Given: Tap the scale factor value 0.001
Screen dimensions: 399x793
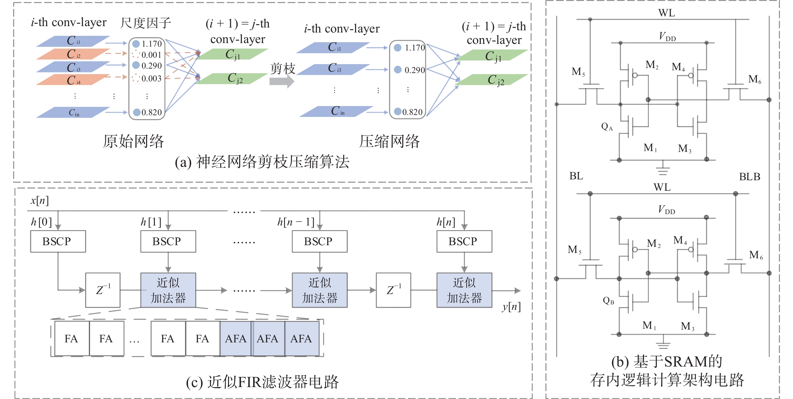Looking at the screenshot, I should pos(151,55).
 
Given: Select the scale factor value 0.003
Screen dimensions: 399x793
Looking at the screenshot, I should pos(151,79).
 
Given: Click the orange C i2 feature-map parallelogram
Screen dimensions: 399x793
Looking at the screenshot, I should pos(73,54).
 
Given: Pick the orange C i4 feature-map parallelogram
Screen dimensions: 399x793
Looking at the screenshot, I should pos(73,80).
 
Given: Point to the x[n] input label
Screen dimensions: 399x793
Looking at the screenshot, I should pos(39,200).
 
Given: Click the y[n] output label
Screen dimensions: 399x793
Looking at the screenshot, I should pos(511,307).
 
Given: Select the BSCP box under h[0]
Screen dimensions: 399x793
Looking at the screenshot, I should pos(58,241).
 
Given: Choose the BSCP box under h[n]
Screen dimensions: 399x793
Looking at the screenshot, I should pos(464,241).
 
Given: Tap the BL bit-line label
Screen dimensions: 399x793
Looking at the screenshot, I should pos(576,176).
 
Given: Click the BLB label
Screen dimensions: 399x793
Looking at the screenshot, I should pos(749,177).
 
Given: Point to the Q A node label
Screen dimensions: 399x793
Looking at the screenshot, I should pos(607,126).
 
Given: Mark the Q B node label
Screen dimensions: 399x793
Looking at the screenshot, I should pos(608,300).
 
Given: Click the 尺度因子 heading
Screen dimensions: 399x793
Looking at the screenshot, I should pos(145,23).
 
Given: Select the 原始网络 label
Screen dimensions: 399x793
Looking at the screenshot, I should pos(133,142).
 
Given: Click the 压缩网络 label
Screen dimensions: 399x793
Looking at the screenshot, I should pos(390,142).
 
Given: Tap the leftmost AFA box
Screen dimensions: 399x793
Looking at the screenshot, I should pos(236,339).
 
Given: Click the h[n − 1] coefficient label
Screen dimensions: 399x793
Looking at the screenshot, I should pos(296,222).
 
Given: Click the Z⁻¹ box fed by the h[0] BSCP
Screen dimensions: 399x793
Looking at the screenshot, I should pos(103,290).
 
